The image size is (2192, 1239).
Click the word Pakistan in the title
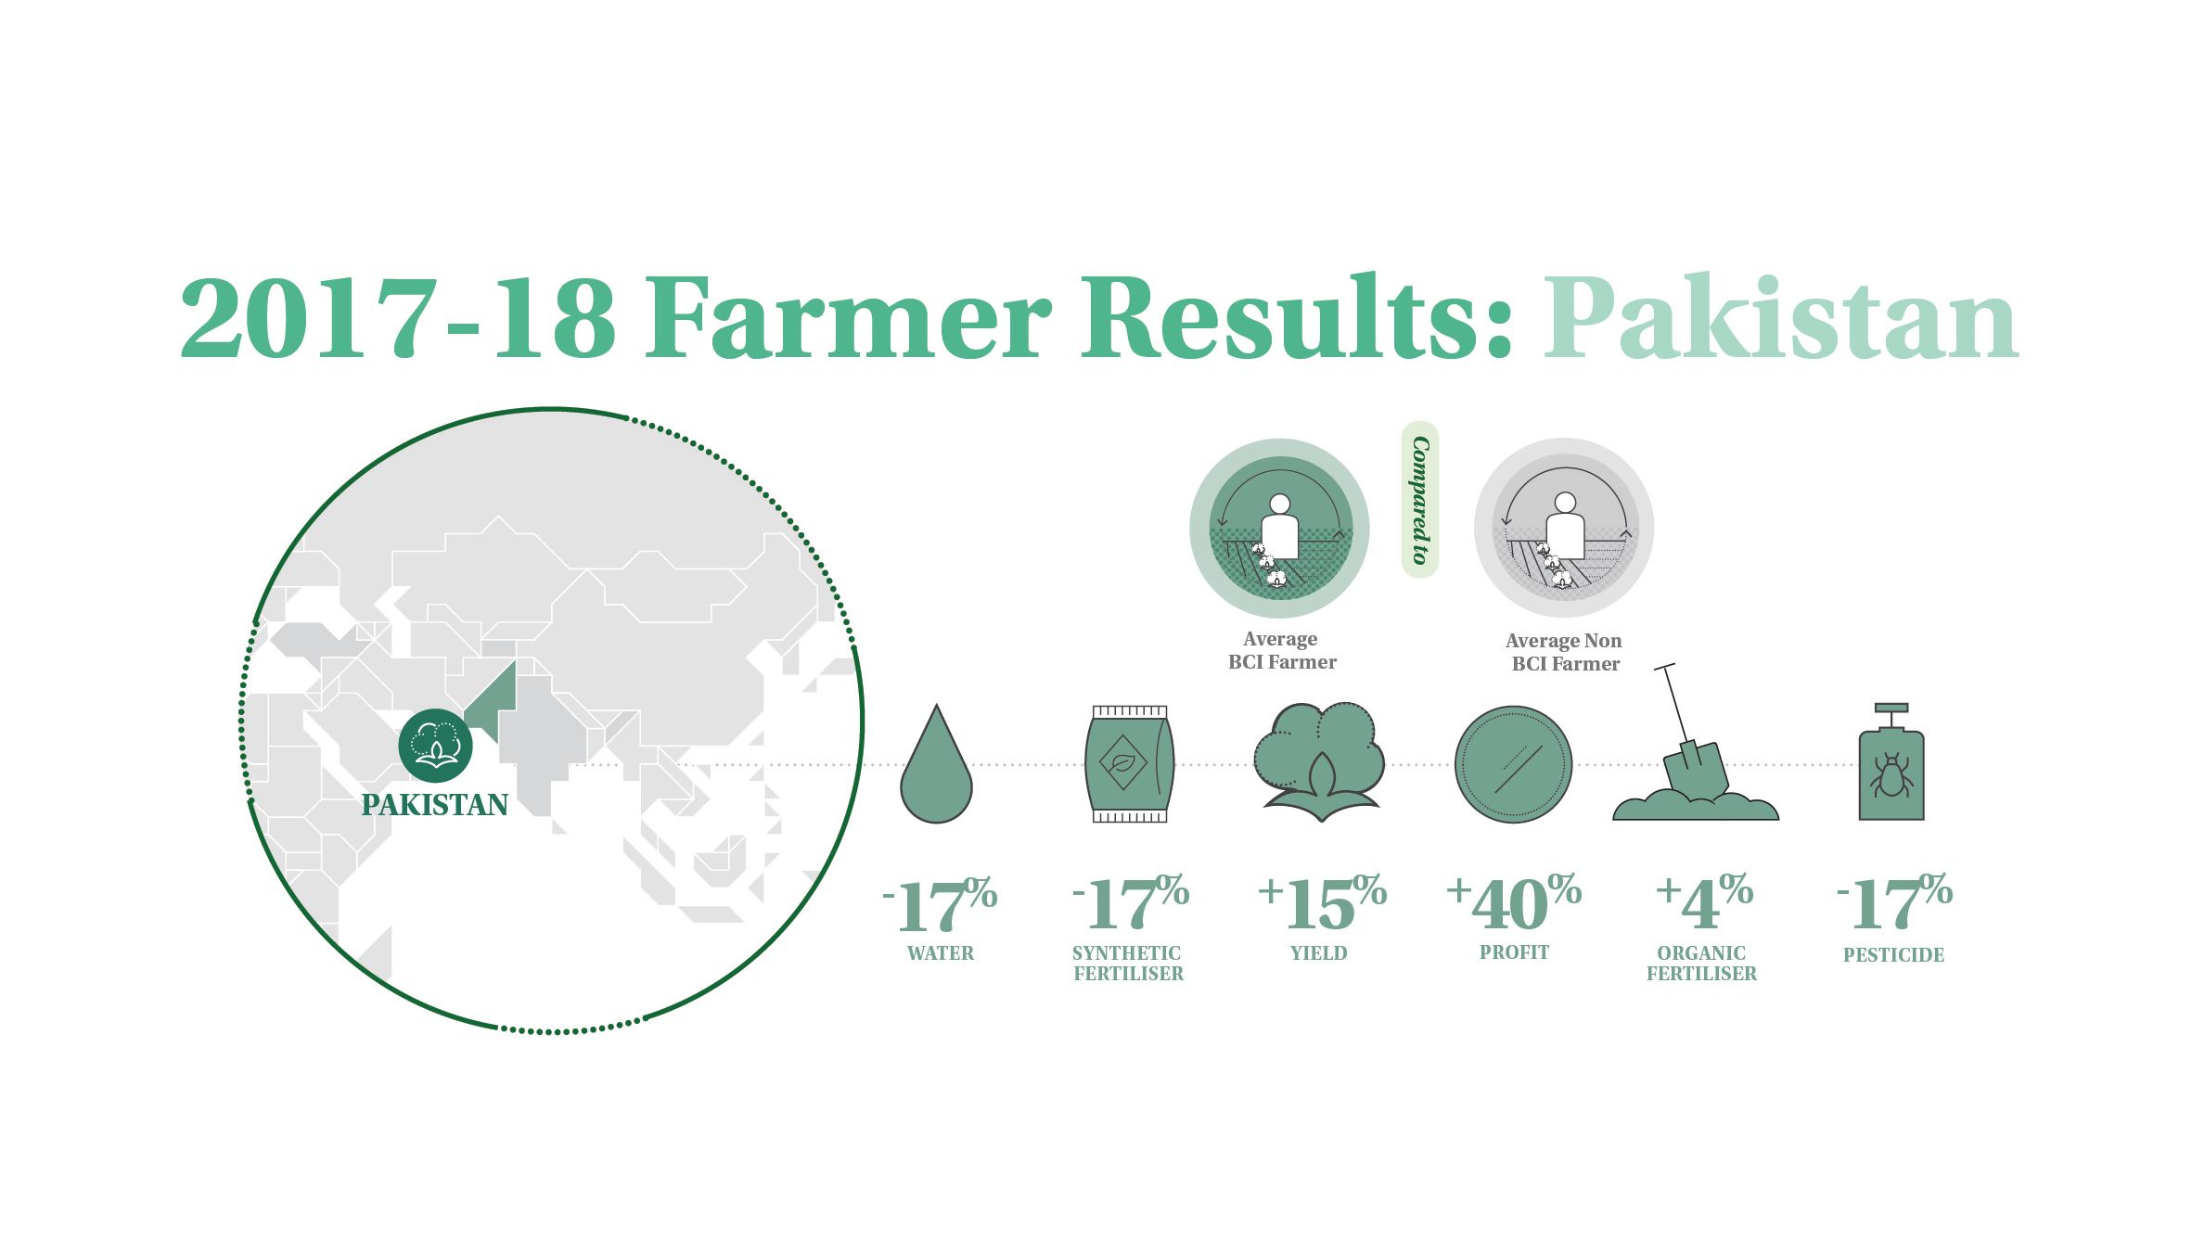click(x=1781, y=317)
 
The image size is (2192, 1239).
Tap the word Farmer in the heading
click(x=850, y=317)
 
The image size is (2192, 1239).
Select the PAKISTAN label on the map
click(x=435, y=804)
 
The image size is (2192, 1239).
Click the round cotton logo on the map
click(x=435, y=746)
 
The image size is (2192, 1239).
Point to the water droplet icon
click(x=936, y=764)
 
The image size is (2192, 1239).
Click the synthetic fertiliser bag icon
click(x=1129, y=763)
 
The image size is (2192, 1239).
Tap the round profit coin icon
click(x=1513, y=764)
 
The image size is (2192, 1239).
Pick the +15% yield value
click(x=1322, y=902)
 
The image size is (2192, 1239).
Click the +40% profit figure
click(x=1514, y=902)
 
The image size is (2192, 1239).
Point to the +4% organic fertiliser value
click(x=1704, y=902)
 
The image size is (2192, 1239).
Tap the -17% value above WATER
click(x=940, y=904)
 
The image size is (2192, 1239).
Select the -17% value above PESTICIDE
click(x=1894, y=904)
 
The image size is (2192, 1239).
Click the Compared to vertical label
click(x=1419, y=500)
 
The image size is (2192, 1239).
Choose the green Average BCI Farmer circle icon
click(x=1279, y=528)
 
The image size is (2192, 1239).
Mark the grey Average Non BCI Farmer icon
click(x=1564, y=528)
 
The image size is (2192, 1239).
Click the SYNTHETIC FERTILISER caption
click(x=1128, y=964)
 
